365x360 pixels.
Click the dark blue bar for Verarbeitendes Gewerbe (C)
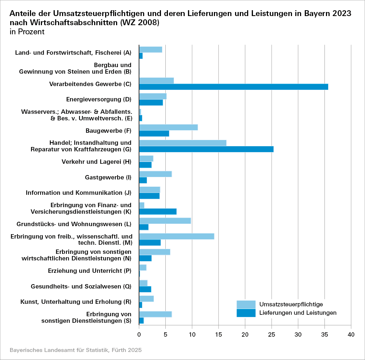[234, 87]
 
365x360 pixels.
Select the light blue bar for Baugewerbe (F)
[168, 127]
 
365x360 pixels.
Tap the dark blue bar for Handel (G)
[206, 149]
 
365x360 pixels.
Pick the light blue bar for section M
[177, 236]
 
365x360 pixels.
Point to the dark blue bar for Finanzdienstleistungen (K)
[158, 212]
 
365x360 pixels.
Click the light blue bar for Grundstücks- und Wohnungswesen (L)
[165, 221]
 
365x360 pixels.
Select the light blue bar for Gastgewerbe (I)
[155, 174]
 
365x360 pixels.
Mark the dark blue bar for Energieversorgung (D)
[151, 102]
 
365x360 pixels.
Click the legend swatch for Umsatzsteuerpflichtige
[246, 304]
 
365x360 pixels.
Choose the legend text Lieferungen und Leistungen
[298, 313]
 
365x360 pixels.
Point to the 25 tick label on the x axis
[272, 335]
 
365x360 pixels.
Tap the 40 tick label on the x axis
[351, 335]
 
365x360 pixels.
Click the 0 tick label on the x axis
[139, 335]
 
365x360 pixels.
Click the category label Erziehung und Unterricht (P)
[89, 271]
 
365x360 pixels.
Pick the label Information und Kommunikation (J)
[78, 193]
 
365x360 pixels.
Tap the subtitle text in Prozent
[27, 32]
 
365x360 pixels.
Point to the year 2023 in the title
[342, 13]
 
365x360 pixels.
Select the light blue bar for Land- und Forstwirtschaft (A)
[150, 50]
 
